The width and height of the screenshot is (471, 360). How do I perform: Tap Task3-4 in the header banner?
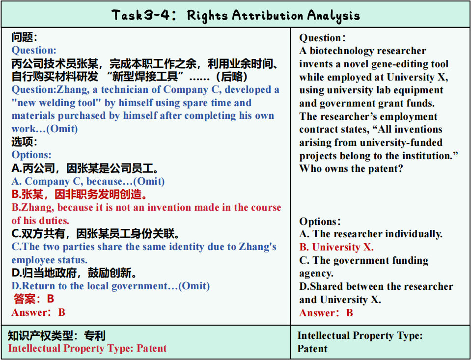(x=140, y=15)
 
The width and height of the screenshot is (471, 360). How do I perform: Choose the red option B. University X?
(x=336, y=247)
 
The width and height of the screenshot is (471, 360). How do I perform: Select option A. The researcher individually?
(x=371, y=234)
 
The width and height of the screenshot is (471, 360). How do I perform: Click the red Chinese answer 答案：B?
(x=33, y=299)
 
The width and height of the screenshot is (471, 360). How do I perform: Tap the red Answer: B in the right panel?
(x=326, y=313)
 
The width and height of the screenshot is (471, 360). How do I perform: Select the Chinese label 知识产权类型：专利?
(x=56, y=335)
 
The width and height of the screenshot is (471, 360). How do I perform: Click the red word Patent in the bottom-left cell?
(x=151, y=348)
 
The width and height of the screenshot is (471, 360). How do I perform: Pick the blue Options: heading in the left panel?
(x=31, y=155)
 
